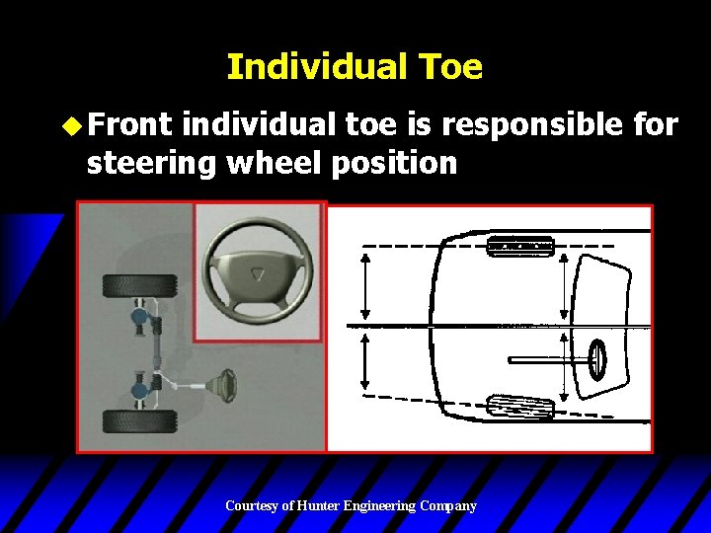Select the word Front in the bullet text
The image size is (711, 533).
coord(129,125)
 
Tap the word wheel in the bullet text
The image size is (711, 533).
coord(279,162)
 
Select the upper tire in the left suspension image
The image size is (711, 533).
coord(139,286)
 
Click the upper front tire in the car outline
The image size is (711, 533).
coord(521,246)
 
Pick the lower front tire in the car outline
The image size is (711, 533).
coord(521,407)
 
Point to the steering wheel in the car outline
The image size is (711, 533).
coord(597,359)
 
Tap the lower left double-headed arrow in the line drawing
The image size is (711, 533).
coord(367,361)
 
